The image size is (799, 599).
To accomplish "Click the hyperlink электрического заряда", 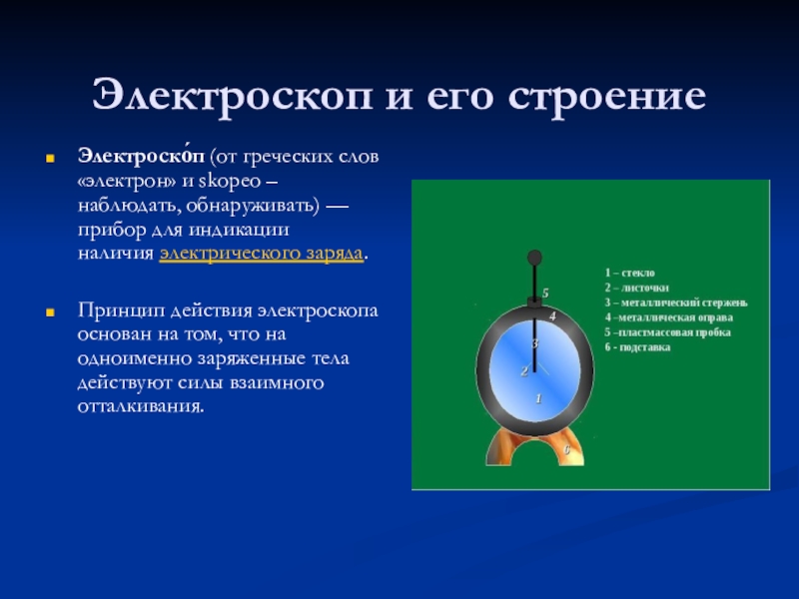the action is [x=262, y=254].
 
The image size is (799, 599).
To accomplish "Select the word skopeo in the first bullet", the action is [x=230, y=181].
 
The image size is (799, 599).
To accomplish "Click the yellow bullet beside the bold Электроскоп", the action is [x=50, y=159].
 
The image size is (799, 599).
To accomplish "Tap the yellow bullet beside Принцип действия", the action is [x=50, y=312].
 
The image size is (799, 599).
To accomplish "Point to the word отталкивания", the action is [x=141, y=406].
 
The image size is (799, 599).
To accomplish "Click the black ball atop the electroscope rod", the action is [x=534, y=258].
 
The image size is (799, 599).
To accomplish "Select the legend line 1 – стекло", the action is [x=630, y=273].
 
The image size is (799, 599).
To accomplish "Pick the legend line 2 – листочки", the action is [x=637, y=288].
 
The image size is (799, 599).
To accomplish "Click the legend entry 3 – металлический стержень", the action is [x=676, y=302].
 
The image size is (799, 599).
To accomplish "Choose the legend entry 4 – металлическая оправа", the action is [x=669, y=317].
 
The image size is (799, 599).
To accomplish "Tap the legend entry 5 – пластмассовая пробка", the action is [x=668, y=332].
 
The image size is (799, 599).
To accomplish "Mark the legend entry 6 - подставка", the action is [x=637, y=347].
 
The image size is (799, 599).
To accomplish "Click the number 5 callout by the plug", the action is [x=545, y=294].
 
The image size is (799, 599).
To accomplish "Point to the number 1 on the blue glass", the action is [x=538, y=398].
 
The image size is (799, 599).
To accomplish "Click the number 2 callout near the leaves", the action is [x=524, y=371].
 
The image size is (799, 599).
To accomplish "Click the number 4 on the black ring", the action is [x=552, y=316].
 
